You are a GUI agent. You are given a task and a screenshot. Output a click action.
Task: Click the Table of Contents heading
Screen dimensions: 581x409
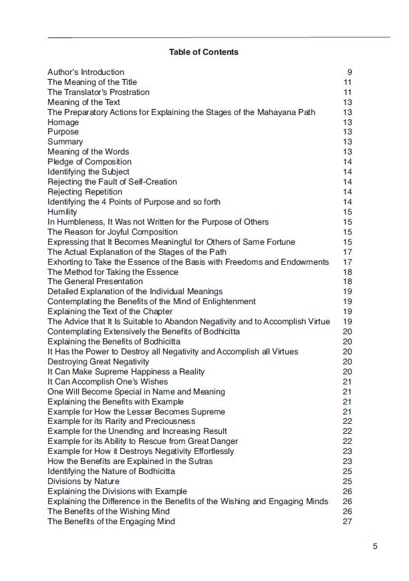(x=204, y=51)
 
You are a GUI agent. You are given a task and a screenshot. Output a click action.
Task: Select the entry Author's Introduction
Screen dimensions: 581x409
(x=86, y=72)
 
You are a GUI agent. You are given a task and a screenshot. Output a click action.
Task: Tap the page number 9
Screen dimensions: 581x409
(x=350, y=72)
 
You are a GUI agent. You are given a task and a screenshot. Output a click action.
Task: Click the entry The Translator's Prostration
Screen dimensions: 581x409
(x=98, y=92)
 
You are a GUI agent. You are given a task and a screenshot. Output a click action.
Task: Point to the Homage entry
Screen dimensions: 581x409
(x=63, y=122)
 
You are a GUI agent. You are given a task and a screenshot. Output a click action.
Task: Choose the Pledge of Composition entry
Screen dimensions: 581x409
(x=90, y=162)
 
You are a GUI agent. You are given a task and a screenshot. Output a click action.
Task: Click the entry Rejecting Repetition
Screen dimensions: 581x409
(x=85, y=192)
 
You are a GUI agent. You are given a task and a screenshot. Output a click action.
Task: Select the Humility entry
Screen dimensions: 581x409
(x=62, y=212)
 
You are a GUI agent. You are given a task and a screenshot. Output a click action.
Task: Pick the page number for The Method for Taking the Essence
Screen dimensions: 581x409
(x=348, y=272)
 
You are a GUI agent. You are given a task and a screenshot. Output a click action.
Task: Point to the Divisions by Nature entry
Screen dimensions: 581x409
(x=84, y=481)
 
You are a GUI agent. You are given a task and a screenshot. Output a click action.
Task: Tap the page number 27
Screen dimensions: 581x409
(x=348, y=521)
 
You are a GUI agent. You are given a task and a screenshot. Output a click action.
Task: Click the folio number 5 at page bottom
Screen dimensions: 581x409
(x=376, y=546)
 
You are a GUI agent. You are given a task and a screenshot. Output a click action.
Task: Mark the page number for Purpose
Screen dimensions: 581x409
(x=348, y=132)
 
